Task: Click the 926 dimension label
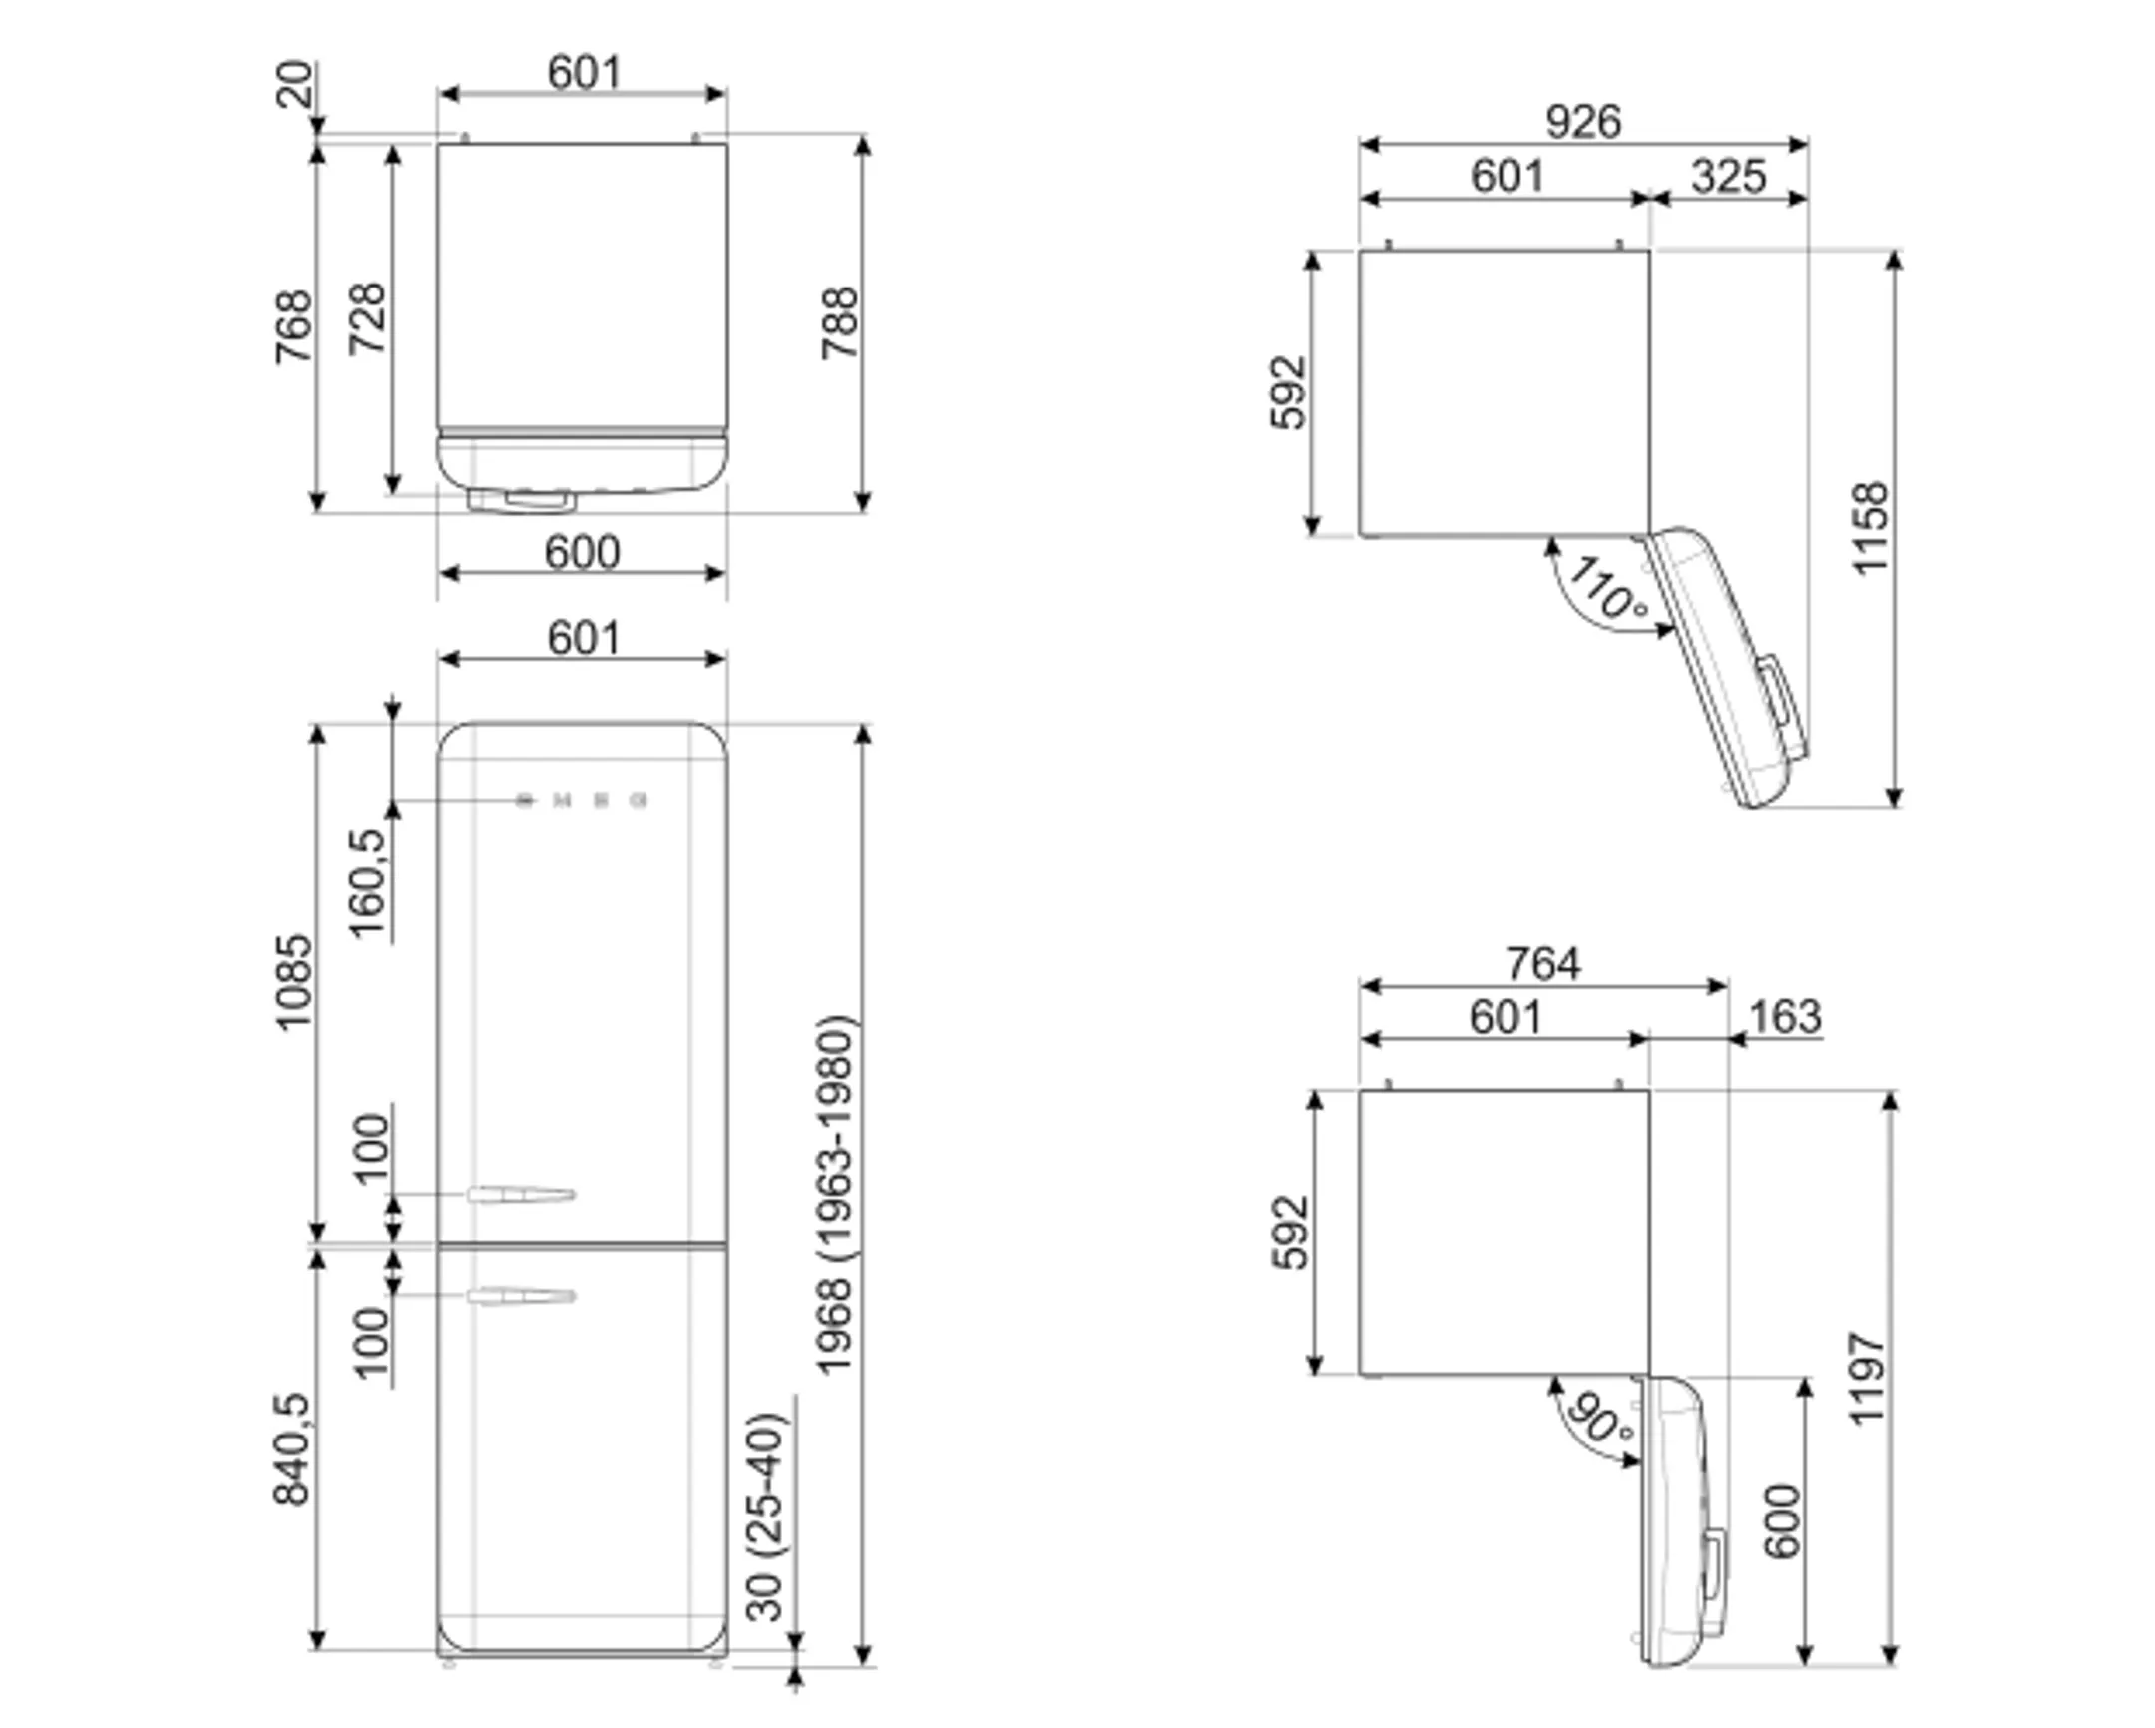coord(1583,122)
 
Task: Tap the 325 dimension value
coord(1728,176)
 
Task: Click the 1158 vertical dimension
coord(1870,529)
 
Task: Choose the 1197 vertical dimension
coord(1867,1379)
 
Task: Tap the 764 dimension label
coord(1543,965)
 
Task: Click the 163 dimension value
coord(1785,1018)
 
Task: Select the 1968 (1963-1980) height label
coord(836,1196)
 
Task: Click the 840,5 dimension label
coord(294,1450)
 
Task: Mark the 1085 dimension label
coord(294,982)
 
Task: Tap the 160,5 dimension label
coord(368,883)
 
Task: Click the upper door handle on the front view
coord(521,1195)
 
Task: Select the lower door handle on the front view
coord(521,1297)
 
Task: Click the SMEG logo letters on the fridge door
coord(582,800)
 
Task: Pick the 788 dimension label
coord(840,323)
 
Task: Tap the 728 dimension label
coord(367,319)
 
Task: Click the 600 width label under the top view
coord(582,552)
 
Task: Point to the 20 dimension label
coord(295,84)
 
